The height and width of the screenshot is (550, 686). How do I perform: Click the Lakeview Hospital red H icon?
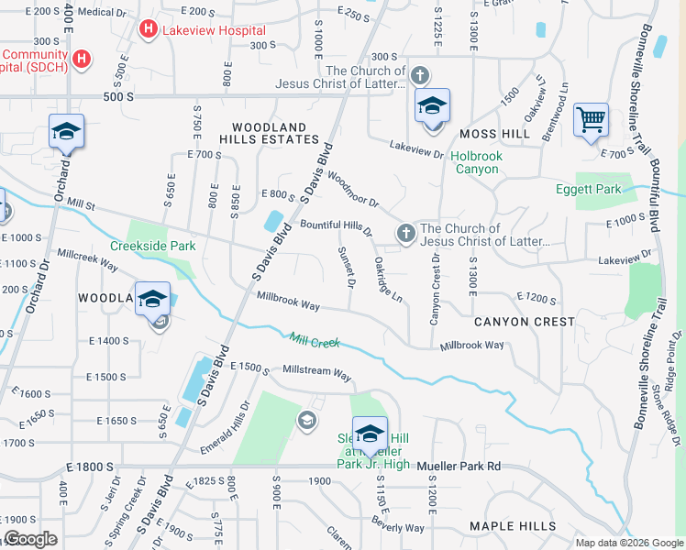tap(148, 30)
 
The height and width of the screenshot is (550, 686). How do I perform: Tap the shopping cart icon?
tap(591, 119)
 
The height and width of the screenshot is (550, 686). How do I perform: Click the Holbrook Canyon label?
tap(477, 162)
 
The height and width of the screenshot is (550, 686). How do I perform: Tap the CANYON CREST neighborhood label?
tap(525, 322)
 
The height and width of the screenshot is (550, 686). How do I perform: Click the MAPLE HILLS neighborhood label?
tap(513, 526)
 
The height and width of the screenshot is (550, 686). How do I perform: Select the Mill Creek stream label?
tap(315, 342)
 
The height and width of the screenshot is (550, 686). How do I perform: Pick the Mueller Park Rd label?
tap(459, 467)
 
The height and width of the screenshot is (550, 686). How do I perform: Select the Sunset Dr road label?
tap(346, 267)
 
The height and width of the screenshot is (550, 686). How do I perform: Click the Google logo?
tap(30, 539)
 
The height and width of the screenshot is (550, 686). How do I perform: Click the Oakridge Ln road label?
tap(388, 280)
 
